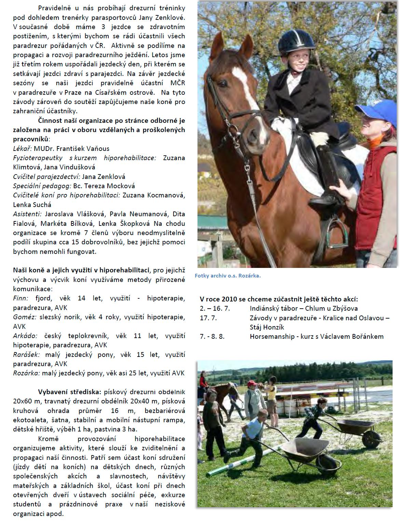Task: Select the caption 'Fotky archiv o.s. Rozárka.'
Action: coord(228,275)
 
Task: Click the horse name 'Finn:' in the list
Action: coord(20,298)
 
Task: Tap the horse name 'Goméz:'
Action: coord(25,317)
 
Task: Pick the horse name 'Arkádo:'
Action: coord(25,336)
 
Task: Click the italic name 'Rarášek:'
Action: coord(26,354)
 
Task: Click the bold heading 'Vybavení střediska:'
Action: coord(70,392)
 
